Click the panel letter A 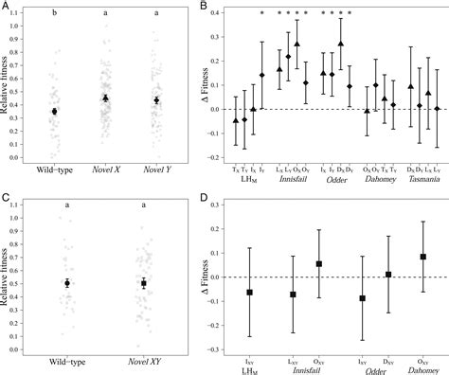6,8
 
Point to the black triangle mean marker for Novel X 106,98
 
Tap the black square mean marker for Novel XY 143,282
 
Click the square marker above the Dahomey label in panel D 422,257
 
